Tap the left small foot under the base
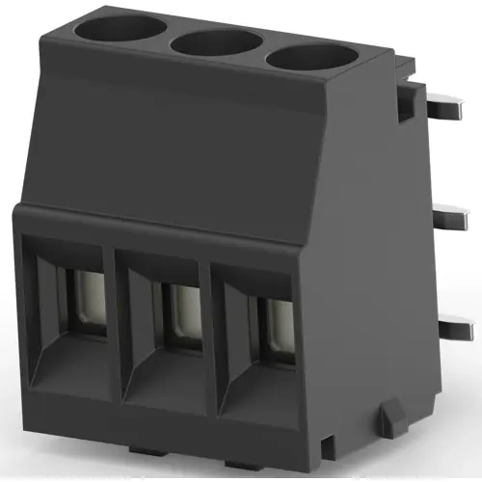point(145,449)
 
